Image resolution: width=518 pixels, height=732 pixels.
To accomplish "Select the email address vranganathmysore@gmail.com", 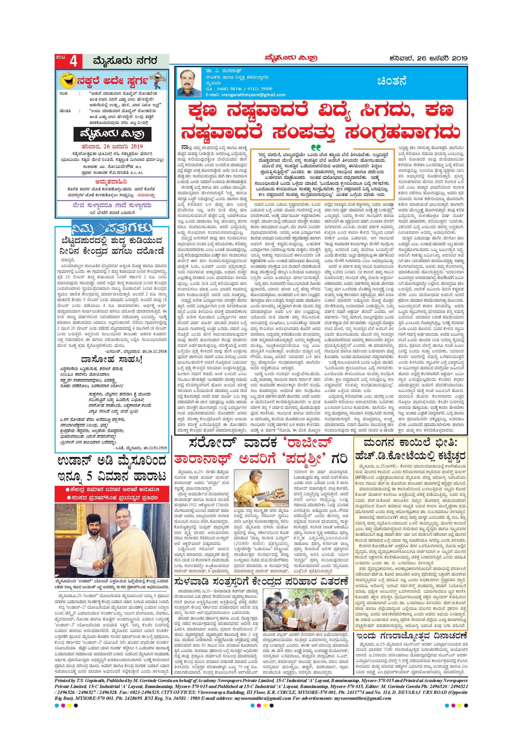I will click(246, 95).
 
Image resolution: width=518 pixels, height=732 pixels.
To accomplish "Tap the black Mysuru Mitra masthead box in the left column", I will click(112, 135).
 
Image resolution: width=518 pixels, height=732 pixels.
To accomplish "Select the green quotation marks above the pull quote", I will click(316, 147).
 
